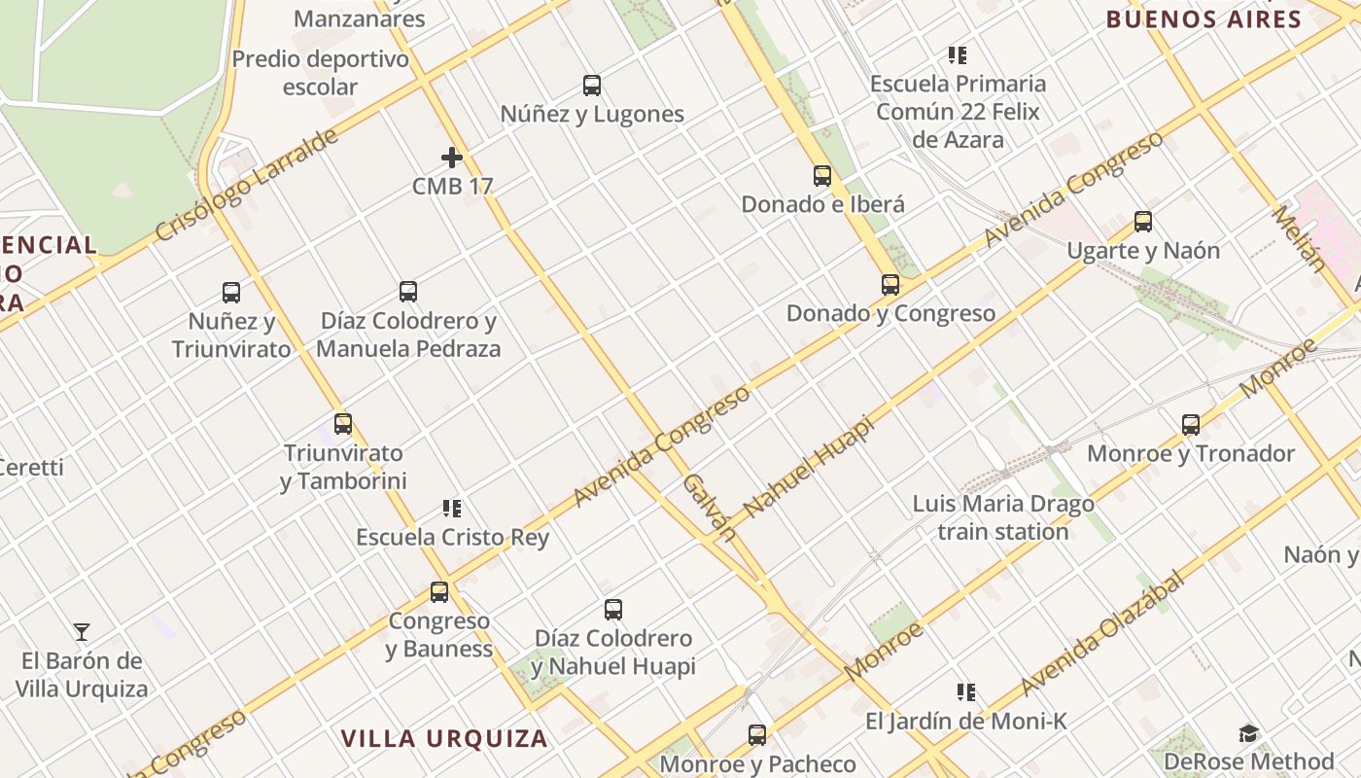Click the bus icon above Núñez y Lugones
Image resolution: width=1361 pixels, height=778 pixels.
[x=592, y=86]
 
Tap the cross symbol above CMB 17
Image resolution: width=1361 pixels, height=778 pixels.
[x=452, y=157]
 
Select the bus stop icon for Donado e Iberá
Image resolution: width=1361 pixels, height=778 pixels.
[x=822, y=176]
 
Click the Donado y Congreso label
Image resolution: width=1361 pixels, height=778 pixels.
[x=890, y=313]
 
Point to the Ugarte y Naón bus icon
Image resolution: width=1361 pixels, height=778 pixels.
[x=1143, y=222]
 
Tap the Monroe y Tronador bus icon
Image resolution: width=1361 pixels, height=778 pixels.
[x=1191, y=425]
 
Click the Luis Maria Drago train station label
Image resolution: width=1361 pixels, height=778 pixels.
[x=1003, y=517]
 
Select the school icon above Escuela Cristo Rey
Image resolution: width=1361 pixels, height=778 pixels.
[x=452, y=508]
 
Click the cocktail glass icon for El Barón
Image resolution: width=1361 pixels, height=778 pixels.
[x=83, y=632]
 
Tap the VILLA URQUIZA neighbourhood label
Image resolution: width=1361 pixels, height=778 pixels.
[x=444, y=738]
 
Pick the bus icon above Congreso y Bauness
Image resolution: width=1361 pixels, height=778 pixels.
[x=439, y=591]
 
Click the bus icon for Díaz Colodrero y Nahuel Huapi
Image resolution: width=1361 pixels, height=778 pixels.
[x=613, y=610]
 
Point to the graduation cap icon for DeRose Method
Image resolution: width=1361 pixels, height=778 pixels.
[x=1249, y=733]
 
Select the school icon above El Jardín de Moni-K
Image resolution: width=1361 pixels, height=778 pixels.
[x=966, y=692]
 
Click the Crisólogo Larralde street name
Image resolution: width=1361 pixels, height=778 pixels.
[x=247, y=185]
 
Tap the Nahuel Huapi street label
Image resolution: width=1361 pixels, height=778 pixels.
[x=809, y=467]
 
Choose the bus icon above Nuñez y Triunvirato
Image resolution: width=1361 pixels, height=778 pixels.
[x=231, y=292]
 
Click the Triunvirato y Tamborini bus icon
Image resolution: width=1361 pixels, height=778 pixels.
[x=343, y=424]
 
